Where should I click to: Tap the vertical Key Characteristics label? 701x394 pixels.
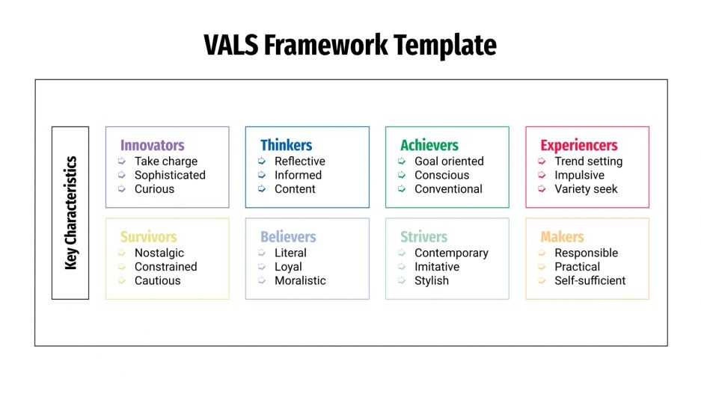70,212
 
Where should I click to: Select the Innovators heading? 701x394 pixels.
152,145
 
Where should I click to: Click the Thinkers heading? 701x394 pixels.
286,145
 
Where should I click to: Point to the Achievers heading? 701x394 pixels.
429,145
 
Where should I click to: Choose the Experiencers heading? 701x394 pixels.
578,145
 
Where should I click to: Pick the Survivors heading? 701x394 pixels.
148,237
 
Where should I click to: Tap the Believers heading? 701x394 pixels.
288,237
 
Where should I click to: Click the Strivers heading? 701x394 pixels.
423,237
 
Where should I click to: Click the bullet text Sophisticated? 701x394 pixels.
170,175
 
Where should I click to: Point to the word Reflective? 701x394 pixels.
299,161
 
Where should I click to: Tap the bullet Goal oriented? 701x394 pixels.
449,161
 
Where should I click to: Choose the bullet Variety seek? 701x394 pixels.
586,189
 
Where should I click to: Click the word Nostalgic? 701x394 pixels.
159,253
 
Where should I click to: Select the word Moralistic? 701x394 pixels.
300,281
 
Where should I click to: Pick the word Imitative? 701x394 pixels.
437,267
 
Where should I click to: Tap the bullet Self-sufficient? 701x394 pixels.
590,281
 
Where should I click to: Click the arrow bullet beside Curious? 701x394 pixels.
122,189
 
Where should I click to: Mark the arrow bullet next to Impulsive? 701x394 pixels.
542,175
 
